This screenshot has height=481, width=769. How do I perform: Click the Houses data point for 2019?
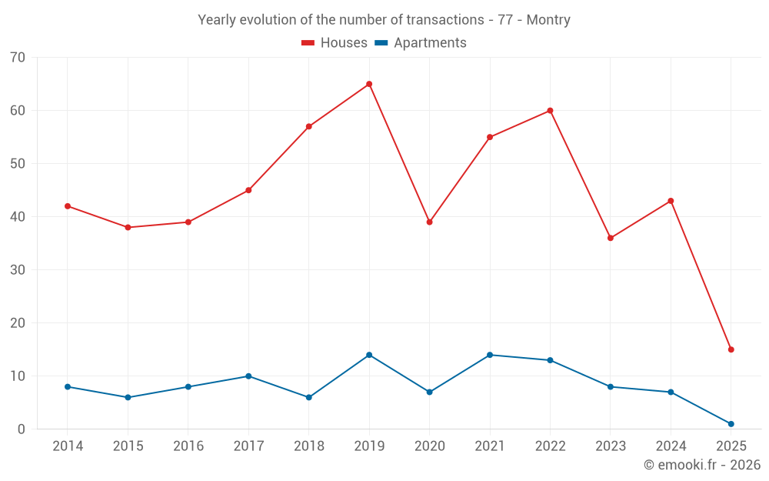pyautogui.click(x=369, y=84)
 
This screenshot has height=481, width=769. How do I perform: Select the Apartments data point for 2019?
pyautogui.click(x=369, y=355)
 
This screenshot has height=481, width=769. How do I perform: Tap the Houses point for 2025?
pyautogui.click(x=731, y=349)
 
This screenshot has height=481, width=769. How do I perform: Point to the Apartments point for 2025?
pyautogui.click(x=731, y=424)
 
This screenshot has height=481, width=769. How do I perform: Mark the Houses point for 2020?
pyautogui.click(x=430, y=222)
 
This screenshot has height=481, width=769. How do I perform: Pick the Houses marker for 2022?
pyautogui.click(x=550, y=111)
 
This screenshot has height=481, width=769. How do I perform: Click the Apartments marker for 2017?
pyautogui.click(x=248, y=376)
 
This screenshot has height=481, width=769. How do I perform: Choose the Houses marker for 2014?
pyautogui.click(x=68, y=206)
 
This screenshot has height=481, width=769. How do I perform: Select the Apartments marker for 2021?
pyautogui.click(x=490, y=355)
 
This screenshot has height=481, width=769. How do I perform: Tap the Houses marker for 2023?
pyautogui.click(x=611, y=238)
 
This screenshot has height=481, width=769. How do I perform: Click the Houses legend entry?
pyautogui.click(x=335, y=43)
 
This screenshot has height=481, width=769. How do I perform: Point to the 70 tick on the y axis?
pyautogui.click(x=18, y=58)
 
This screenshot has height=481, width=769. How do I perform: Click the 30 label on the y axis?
pyautogui.click(x=18, y=270)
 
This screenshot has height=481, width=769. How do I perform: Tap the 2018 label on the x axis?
pyautogui.click(x=308, y=446)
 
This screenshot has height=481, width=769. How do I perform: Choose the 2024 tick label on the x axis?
pyautogui.click(x=671, y=446)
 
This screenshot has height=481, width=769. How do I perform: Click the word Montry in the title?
pyautogui.click(x=548, y=20)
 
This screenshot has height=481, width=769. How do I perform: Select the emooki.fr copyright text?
pyautogui.click(x=702, y=465)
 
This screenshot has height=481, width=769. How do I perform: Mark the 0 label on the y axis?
pyautogui.click(x=22, y=429)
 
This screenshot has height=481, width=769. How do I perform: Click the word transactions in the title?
pyautogui.click(x=446, y=20)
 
